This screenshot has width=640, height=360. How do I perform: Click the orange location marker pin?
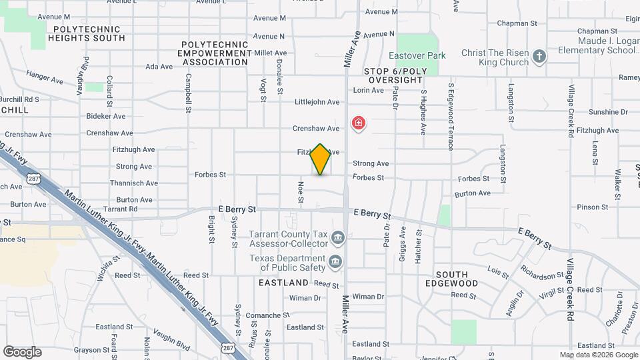coord(321,159)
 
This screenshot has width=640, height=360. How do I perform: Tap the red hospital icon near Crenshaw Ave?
coord(359,123)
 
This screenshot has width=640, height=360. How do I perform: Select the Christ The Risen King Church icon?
coord(540,57)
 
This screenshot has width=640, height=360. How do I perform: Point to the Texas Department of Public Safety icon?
coord(335,261)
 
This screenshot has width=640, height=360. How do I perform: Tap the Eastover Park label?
coord(418,55)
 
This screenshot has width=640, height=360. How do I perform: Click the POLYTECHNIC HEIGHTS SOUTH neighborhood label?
coord(87,33)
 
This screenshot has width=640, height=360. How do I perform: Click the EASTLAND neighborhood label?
coord(283,283)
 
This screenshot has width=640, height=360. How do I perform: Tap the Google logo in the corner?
coord(22,351)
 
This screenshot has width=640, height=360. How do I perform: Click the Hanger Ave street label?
coord(45,77)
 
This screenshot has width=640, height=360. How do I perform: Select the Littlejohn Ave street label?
coord(317,102)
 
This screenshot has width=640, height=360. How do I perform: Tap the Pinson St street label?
coord(593,207)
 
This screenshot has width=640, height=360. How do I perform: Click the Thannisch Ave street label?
coord(134,183)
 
